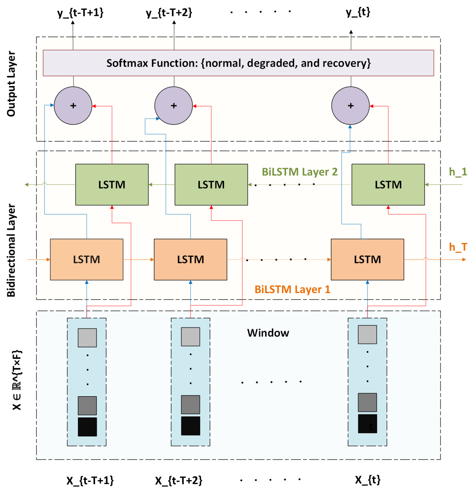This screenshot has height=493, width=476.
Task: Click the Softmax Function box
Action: (x=238, y=63)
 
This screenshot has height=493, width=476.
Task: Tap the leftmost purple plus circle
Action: (x=73, y=105)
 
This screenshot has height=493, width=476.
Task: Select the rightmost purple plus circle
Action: (x=350, y=105)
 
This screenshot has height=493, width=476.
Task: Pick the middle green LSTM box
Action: (x=211, y=184)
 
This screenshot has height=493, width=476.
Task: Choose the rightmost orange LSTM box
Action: (x=367, y=259)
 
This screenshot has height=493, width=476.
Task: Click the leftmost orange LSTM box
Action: (x=87, y=259)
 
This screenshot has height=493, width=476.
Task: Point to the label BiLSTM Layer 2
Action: (x=299, y=172)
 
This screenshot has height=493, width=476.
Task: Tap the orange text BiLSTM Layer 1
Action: (x=292, y=289)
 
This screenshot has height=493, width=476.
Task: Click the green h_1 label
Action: (x=458, y=172)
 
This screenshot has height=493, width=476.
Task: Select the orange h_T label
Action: (x=458, y=247)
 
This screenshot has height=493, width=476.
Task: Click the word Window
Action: (x=268, y=333)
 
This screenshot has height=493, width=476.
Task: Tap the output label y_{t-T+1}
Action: (x=80, y=13)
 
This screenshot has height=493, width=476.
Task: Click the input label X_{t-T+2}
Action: (x=178, y=480)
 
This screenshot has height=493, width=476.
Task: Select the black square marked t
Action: (x=367, y=424)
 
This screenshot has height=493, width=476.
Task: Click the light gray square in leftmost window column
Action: (x=87, y=337)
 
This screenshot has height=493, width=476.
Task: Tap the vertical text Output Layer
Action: (x=11, y=84)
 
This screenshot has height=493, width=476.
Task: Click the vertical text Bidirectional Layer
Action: (x=11, y=250)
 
